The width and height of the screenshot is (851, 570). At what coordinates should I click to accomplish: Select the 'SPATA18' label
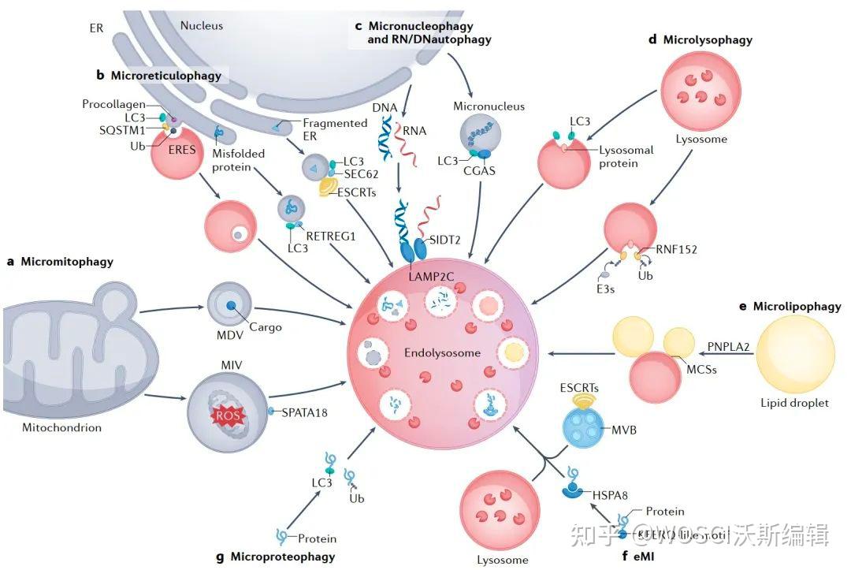pos(306,412)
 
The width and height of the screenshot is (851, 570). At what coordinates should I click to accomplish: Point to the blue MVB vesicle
pos(586,430)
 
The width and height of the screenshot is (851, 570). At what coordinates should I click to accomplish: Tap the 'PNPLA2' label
pos(729,345)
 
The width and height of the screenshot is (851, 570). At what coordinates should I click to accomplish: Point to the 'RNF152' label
pos(677,250)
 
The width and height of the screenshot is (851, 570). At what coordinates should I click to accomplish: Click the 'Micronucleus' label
pos(489,106)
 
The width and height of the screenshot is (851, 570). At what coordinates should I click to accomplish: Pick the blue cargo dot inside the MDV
pos(230,305)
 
